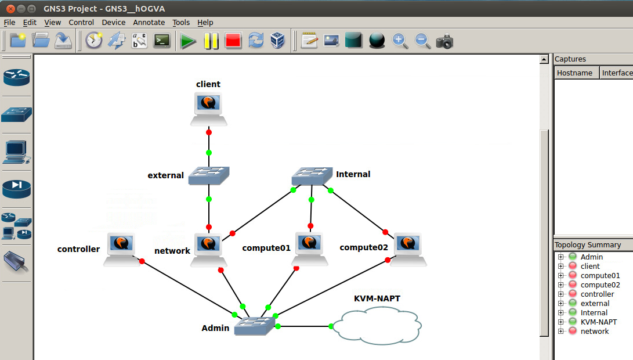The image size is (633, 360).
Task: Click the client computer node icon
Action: (x=208, y=109)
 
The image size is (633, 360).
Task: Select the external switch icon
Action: (x=209, y=175)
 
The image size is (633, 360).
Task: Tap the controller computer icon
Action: (x=122, y=249)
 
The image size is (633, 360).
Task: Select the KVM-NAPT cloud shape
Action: (x=381, y=326)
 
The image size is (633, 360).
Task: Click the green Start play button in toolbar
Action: (x=188, y=41)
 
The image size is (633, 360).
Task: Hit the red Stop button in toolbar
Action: (x=233, y=41)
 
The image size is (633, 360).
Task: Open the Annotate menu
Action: (x=149, y=23)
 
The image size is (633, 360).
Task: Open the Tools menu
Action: (x=181, y=23)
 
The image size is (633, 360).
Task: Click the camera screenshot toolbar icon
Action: (x=444, y=41)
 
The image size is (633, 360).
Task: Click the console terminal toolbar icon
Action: (x=162, y=41)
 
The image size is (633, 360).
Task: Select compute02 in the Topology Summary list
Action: (x=600, y=285)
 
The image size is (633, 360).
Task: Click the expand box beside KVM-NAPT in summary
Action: (x=560, y=322)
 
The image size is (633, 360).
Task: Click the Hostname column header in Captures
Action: (x=574, y=73)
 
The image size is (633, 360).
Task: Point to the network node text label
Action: (x=172, y=251)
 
